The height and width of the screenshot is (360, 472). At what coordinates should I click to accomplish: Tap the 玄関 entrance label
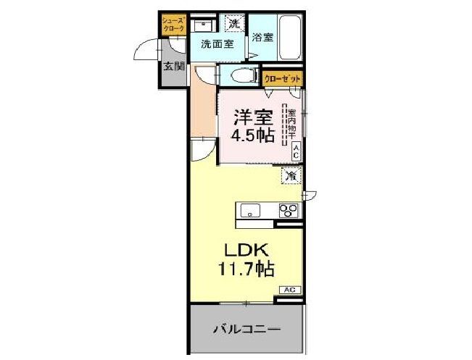pos(173,67)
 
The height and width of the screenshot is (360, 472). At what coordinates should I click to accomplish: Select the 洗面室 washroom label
pos(217,43)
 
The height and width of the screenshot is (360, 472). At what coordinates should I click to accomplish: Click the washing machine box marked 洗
pos(233,24)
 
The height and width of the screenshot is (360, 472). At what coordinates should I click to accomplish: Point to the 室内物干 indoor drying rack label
pos(291,124)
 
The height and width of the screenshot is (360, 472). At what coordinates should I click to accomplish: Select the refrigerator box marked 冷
pos(291,175)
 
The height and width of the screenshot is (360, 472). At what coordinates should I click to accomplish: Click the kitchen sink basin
pos(250,211)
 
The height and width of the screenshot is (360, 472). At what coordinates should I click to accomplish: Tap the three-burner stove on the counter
pos(289,210)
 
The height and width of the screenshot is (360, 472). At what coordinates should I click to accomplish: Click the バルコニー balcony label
pos(246,330)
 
